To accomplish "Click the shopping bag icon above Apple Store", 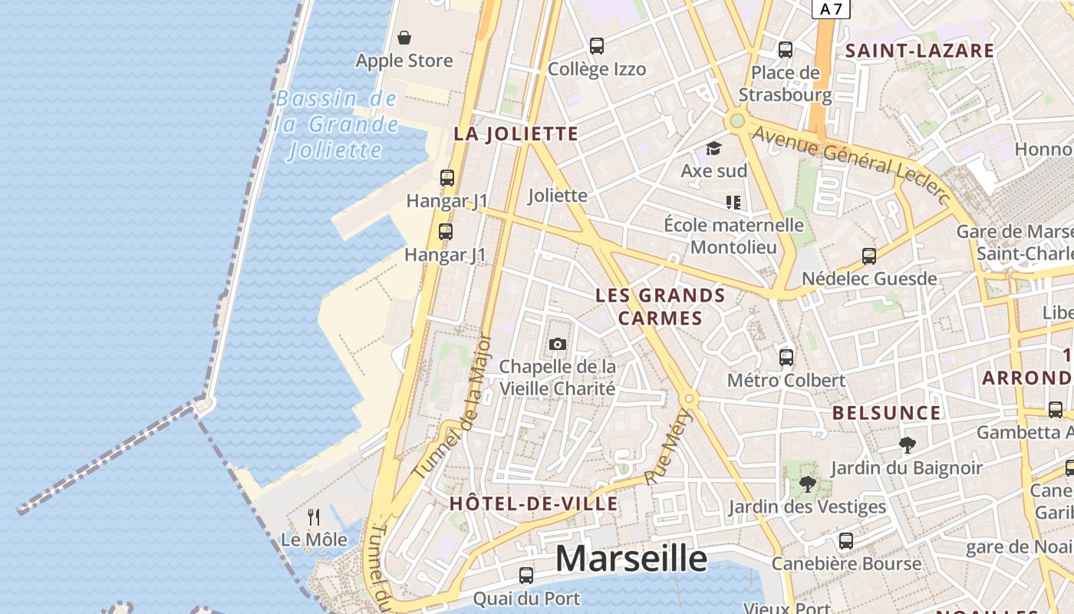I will pyautogui.click(x=404, y=38).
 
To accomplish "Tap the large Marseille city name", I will pyautogui.click(x=631, y=559).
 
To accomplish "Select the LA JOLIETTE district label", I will pyautogui.click(x=516, y=134).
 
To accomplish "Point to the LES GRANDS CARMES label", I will pyautogui.click(x=661, y=306).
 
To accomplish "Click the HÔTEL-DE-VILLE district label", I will pyautogui.click(x=533, y=503).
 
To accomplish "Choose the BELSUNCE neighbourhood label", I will pyautogui.click(x=886, y=413).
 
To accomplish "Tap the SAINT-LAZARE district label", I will pyautogui.click(x=919, y=51).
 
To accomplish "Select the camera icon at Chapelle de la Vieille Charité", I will pyautogui.click(x=558, y=344).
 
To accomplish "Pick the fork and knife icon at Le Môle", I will pyautogui.click(x=314, y=517).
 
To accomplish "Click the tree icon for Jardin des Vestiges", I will pyautogui.click(x=807, y=484).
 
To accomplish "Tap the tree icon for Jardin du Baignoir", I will pyautogui.click(x=907, y=444).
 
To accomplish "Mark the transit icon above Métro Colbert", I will pyautogui.click(x=786, y=357).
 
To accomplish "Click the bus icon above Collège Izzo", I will pyautogui.click(x=597, y=46).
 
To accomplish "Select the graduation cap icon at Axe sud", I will pyautogui.click(x=714, y=148).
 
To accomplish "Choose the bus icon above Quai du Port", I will pyautogui.click(x=526, y=575).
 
